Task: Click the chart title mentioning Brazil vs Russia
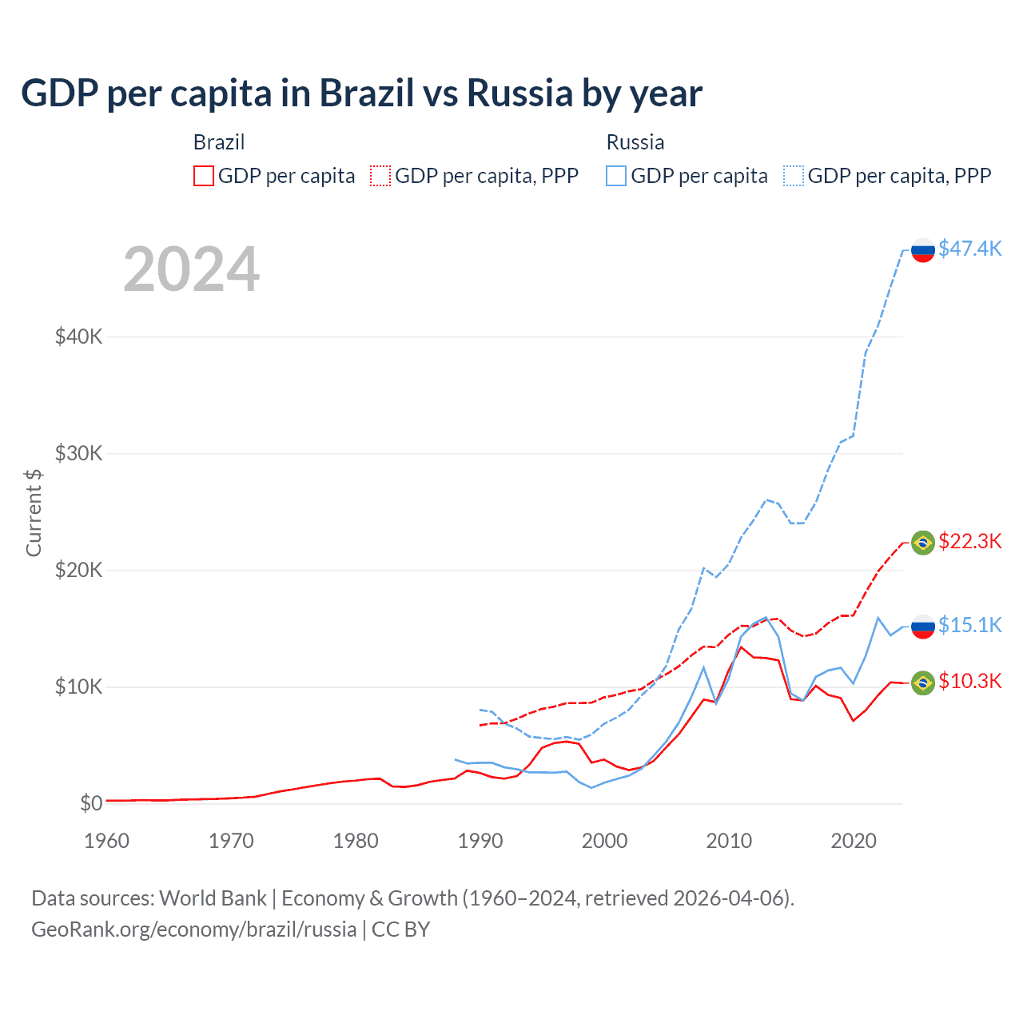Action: (x=361, y=94)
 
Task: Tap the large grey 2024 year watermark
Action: (x=191, y=269)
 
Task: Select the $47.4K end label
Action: (x=969, y=249)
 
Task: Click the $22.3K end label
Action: (x=969, y=541)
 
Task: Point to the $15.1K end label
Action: (x=969, y=624)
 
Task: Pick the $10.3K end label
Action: (x=969, y=681)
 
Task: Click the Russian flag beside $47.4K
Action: (x=923, y=250)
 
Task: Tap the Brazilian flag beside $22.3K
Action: (x=923, y=543)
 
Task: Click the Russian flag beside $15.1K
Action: (x=923, y=626)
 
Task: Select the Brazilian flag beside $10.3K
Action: (x=923, y=683)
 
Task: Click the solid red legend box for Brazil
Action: (x=204, y=176)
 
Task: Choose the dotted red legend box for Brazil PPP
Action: (x=380, y=176)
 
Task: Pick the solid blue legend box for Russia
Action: (x=616, y=176)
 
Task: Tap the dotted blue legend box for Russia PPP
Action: (x=794, y=176)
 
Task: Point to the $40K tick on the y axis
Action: (x=78, y=336)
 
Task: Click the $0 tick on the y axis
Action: (x=91, y=803)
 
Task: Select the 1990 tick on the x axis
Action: (x=480, y=841)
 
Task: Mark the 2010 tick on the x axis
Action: (x=729, y=841)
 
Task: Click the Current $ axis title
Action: (x=34, y=512)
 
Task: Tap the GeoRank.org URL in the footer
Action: (x=193, y=929)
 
